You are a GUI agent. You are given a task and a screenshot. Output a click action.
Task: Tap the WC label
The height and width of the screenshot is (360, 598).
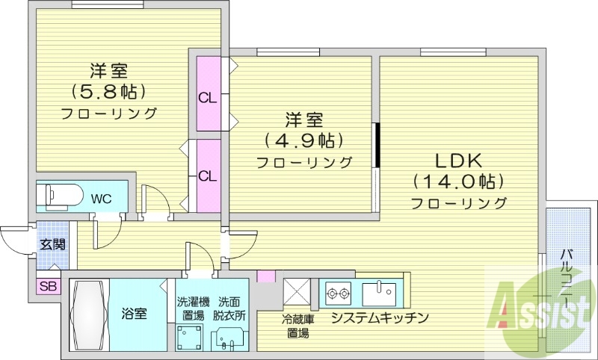[x=102, y=199]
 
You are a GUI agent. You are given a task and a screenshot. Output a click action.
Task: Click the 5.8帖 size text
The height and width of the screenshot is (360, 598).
[x=108, y=92]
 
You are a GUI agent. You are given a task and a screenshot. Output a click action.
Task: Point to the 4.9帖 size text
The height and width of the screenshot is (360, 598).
[x=303, y=140]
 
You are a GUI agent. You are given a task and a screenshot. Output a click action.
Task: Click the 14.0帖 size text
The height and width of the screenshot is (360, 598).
[x=458, y=181]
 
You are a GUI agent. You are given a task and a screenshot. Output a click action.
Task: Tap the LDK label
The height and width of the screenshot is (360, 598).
[x=458, y=160]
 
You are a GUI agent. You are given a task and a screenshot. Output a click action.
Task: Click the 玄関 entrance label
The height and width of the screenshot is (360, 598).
[x=52, y=244]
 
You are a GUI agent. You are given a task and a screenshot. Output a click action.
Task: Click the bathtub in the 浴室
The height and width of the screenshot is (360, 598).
[x=90, y=314]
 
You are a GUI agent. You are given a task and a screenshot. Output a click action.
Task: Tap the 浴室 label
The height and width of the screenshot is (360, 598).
[x=135, y=314]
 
